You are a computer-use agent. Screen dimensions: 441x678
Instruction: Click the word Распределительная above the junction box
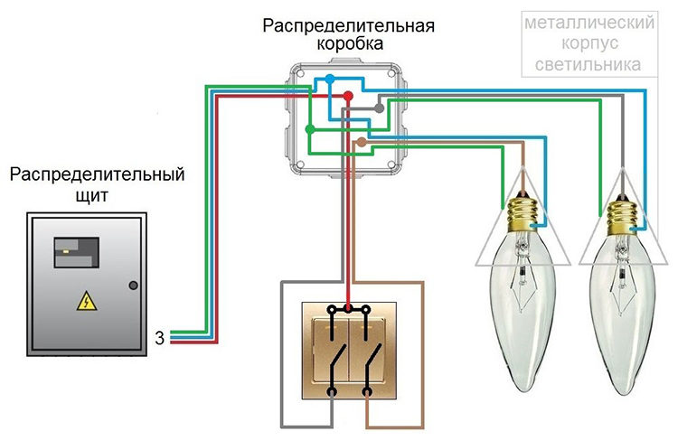coord(348,24)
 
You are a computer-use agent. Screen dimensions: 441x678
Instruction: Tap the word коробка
coord(348,43)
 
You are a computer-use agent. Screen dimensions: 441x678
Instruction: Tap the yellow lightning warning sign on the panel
coord(83,301)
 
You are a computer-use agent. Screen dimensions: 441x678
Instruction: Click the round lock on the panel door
coord(134,286)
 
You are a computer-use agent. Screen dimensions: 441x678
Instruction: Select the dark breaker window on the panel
coord(75,252)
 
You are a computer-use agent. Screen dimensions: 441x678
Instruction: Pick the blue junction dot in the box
coord(329,80)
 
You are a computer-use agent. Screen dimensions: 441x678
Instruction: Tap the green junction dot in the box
coord(310,130)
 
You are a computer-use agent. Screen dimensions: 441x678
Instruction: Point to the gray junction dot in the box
coord(380,108)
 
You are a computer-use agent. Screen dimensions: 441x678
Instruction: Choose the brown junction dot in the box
coord(362,142)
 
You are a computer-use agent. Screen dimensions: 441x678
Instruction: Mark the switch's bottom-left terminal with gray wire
coord(333,391)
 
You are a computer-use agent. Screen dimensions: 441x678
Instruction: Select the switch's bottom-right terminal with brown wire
coord(368,391)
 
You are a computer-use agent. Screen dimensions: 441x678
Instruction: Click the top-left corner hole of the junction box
coord(297,70)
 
